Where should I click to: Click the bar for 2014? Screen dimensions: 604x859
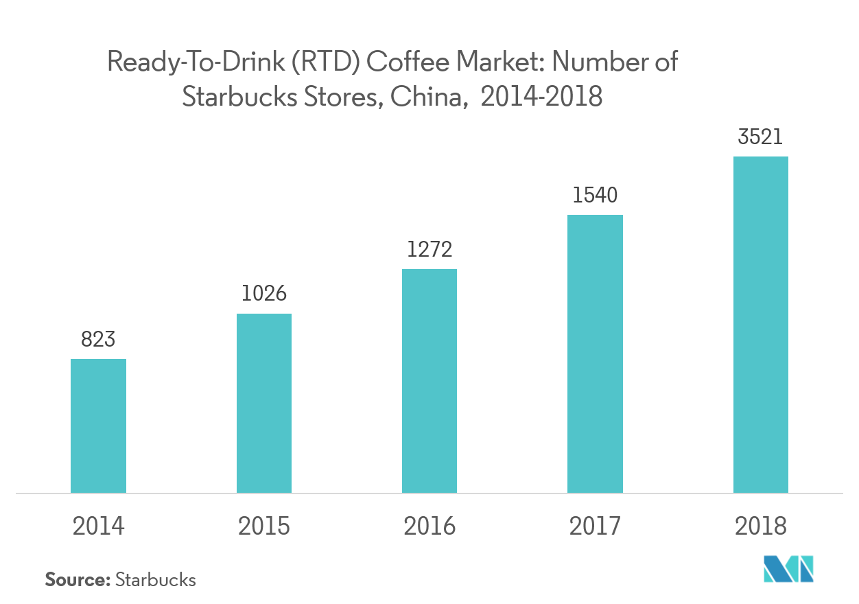click(x=98, y=426)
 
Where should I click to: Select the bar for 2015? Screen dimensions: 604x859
click(x=264, y=403)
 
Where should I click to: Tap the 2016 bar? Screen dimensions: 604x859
click(x=429, y=380)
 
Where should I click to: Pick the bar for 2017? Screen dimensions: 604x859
click(x=595, y=353)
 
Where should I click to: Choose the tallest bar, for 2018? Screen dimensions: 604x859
click(x=760, y=324)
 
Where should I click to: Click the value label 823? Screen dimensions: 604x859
click(x=98, y=339)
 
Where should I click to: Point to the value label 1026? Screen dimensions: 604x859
click(x=264, y=294)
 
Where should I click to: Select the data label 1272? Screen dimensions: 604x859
click(x=429, y=248)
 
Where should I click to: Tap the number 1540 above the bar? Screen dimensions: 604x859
click(x=595, y=195)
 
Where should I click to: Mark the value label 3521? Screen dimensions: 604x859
click(x=760, y=137)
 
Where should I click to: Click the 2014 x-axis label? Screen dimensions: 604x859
click(x=99, y=526)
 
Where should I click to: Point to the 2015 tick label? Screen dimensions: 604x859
click(x=264, y=526)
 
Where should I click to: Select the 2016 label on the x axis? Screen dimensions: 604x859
click(x=429, y=526)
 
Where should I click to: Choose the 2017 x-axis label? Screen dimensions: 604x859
click(x=595, y=526)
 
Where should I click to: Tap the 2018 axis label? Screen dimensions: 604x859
click(x=760, y=526)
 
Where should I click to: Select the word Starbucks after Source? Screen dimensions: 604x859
click(x=156, y=579)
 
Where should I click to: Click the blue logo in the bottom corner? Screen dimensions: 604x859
click(x=788, y=568)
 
